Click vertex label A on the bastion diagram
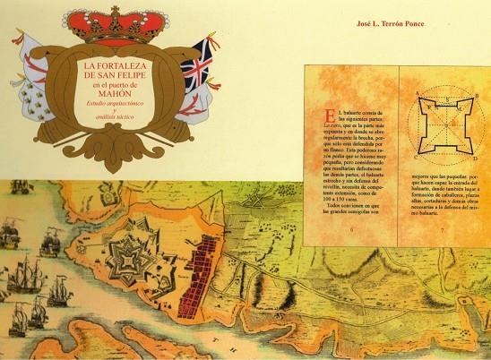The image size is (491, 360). pos(418,93)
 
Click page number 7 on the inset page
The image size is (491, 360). pos(443,229)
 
